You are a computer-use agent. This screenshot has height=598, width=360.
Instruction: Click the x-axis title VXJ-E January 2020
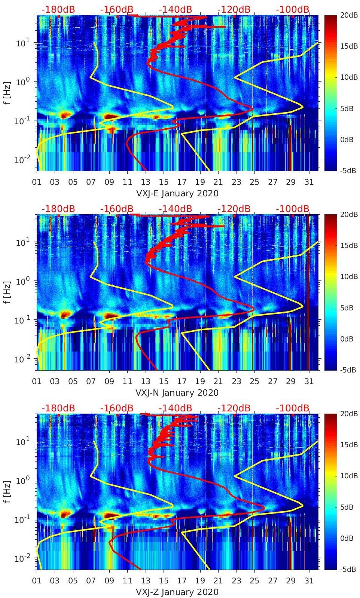(177, 193)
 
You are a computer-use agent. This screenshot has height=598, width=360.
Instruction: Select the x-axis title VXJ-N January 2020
(177, 393)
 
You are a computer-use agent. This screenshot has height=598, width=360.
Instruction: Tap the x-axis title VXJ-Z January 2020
(177, 592)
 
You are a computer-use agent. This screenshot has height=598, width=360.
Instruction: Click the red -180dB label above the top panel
(58, 9)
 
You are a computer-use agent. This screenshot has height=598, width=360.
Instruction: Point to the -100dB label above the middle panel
(293, 209)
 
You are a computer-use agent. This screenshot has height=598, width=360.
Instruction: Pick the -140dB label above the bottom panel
(175, 408)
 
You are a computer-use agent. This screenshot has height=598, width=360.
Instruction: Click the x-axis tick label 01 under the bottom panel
(37, 581)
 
